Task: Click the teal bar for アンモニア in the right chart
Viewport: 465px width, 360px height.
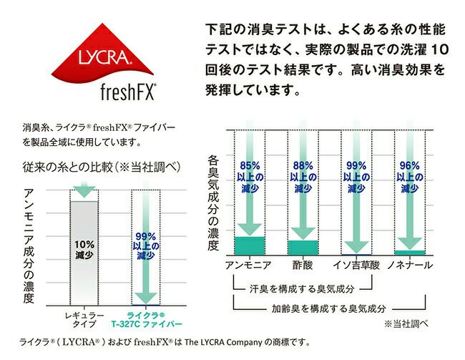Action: [x=250, y=245]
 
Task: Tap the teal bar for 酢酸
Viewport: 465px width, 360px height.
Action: [x=302, y=248]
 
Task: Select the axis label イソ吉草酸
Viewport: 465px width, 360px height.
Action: [x=355, y=266]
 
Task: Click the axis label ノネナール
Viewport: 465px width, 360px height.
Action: [x=409, y=266]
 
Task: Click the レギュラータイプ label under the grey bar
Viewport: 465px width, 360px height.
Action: [x=84, y=319]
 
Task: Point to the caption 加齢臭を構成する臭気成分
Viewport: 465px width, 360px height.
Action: [x=328, y=308]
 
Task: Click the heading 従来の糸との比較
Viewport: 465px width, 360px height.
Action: [x=100, y=167]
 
